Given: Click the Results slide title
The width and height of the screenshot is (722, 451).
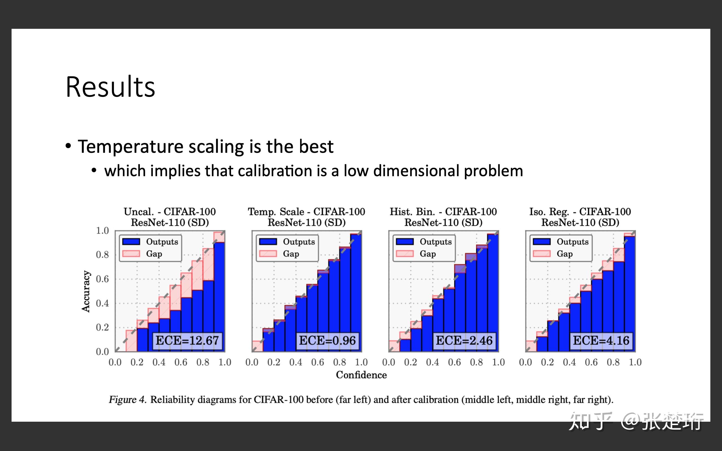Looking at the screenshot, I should (x=110, y=87).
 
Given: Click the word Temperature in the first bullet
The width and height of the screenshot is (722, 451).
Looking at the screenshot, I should (x=130, y=147).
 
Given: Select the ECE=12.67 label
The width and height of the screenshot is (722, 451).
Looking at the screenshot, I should (x=187, y=340).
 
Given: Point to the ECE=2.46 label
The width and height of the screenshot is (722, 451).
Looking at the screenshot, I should (x=464, y=340).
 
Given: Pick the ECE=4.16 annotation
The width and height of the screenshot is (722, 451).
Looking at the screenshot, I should (x=601, y=340).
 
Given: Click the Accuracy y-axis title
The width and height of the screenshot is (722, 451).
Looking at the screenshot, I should (x=86, y=291).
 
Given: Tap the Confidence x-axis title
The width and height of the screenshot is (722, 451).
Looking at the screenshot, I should (x=361, y=375).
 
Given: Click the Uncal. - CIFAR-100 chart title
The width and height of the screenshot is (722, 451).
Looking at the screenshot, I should (x=170, y=212).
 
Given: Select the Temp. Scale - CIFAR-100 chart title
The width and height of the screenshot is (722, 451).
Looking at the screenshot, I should (x=306, y=212).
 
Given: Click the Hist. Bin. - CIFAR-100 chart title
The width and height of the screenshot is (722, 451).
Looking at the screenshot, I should (x=443, y=212).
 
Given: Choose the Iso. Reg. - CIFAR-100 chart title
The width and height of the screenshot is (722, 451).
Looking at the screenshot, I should (x=580, y=212).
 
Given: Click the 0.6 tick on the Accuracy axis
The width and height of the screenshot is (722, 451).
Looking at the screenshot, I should (x=102, y=279).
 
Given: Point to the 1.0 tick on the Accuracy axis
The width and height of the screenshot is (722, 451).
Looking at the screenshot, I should (x=102, y=231).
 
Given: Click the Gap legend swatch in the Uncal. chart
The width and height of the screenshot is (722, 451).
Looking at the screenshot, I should (x=131, y=253).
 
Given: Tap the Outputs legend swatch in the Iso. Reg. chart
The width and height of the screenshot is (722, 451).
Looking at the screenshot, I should (x=541, y=241).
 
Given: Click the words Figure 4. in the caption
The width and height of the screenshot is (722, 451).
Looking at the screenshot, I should (x=127, y=400).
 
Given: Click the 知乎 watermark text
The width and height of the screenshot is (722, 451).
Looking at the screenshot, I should (x=590, y=421).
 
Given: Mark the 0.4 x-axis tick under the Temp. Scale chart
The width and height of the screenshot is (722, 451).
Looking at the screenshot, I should (x=295, y=362).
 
